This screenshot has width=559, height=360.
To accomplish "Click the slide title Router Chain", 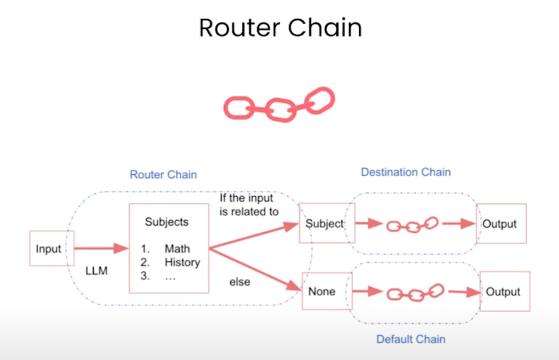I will [280, 28].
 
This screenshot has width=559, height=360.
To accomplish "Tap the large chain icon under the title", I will [279, 105].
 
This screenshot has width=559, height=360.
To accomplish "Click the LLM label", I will [96, 272].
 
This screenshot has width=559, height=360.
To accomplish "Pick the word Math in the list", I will [177, 249].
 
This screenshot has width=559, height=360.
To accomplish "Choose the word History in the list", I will [182, 262].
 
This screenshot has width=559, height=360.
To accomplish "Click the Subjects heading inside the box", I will [167, 222].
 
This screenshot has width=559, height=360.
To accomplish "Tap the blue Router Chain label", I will [163, 175].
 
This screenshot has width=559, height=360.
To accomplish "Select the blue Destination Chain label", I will [406, 172].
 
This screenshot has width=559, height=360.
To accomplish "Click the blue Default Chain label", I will [411, 339].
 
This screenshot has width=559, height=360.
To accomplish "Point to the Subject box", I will [325, 224].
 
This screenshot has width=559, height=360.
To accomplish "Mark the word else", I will [239, 282].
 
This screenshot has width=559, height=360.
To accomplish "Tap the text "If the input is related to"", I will [249, 205].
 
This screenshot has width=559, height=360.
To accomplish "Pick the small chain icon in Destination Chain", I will [412, 225].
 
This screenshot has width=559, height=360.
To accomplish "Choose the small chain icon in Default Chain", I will [415, 293].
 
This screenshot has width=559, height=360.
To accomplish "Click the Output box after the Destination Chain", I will [501, 224].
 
